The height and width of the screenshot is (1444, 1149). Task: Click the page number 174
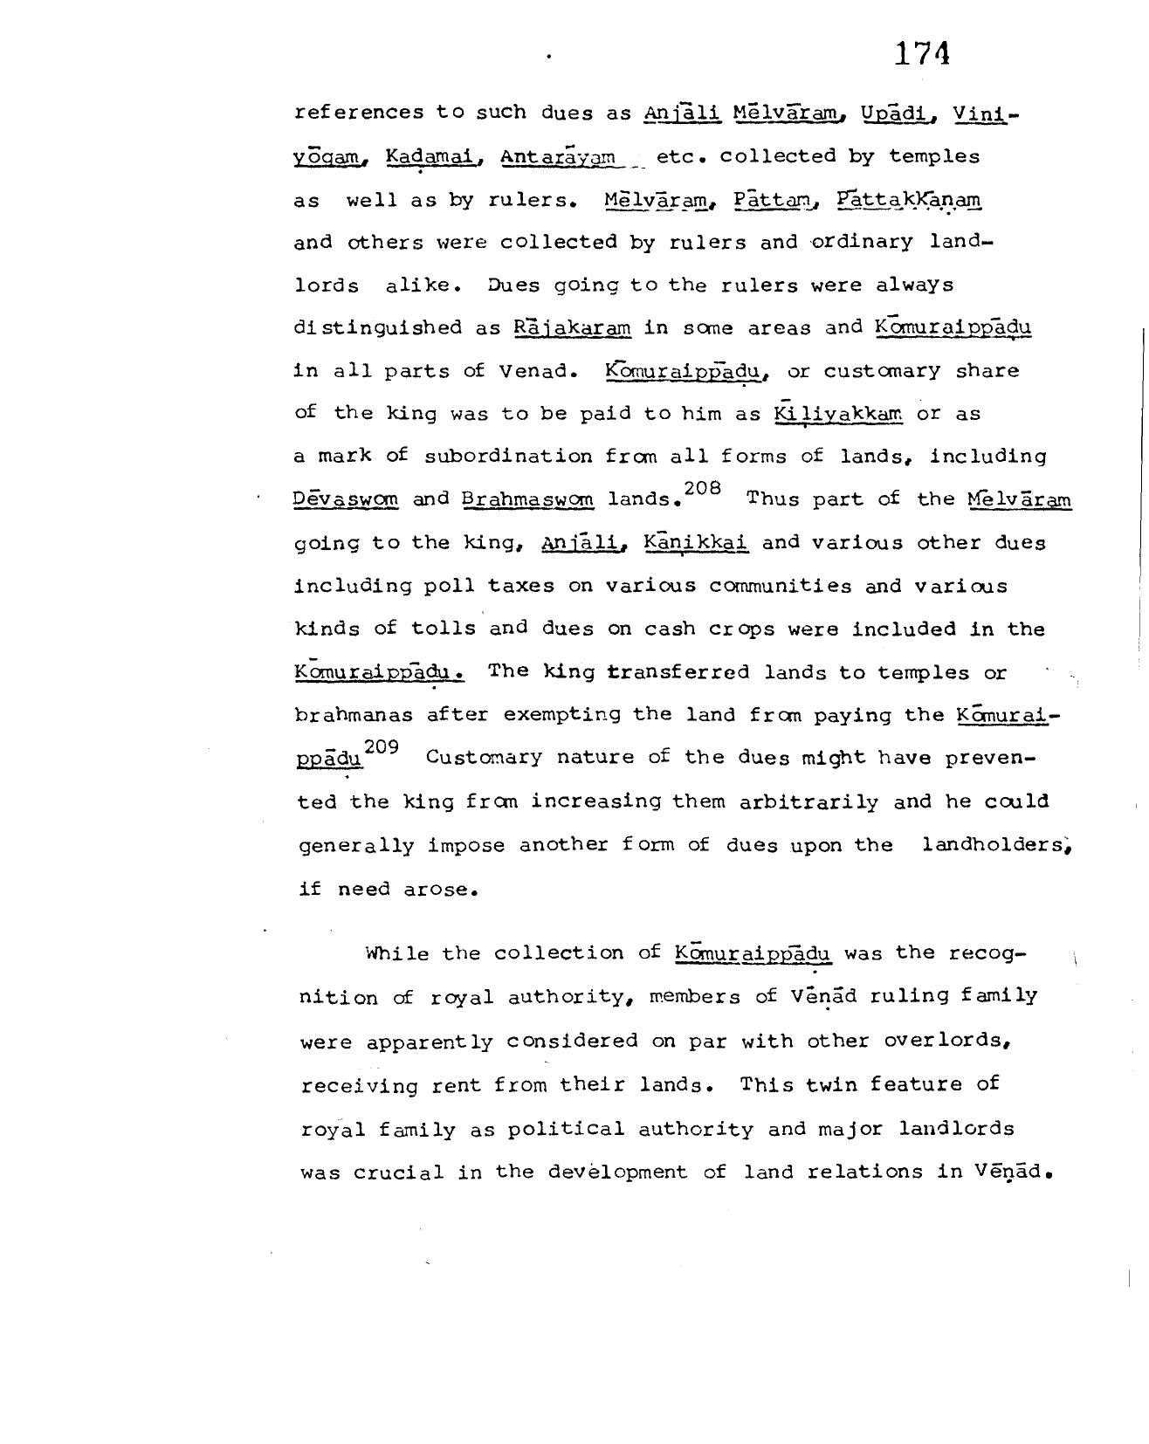pyautogui.click(x=921, y=54)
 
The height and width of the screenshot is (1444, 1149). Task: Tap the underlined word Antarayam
pyautogui.click(x=558, y=157)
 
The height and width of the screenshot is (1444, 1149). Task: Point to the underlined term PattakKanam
pyautogui.click(x=908, y=200)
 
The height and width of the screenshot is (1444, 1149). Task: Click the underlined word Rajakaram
pyautogui.click(x=572, y=328)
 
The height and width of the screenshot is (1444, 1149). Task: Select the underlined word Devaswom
pyautogui.click(x=346, y=500)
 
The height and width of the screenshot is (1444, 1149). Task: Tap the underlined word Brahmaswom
pyautogui.click(x=527, y=500)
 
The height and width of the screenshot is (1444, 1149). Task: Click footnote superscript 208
pyautogui.click(x=703, y=489)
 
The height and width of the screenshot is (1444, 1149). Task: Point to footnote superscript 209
pyautogui.click(x=382, y=747)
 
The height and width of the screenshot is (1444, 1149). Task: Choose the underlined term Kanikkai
pyautogui.click(x=696, y=543)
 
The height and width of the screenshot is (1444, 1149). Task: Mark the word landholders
pyautogui.click(x=994, y=845)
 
